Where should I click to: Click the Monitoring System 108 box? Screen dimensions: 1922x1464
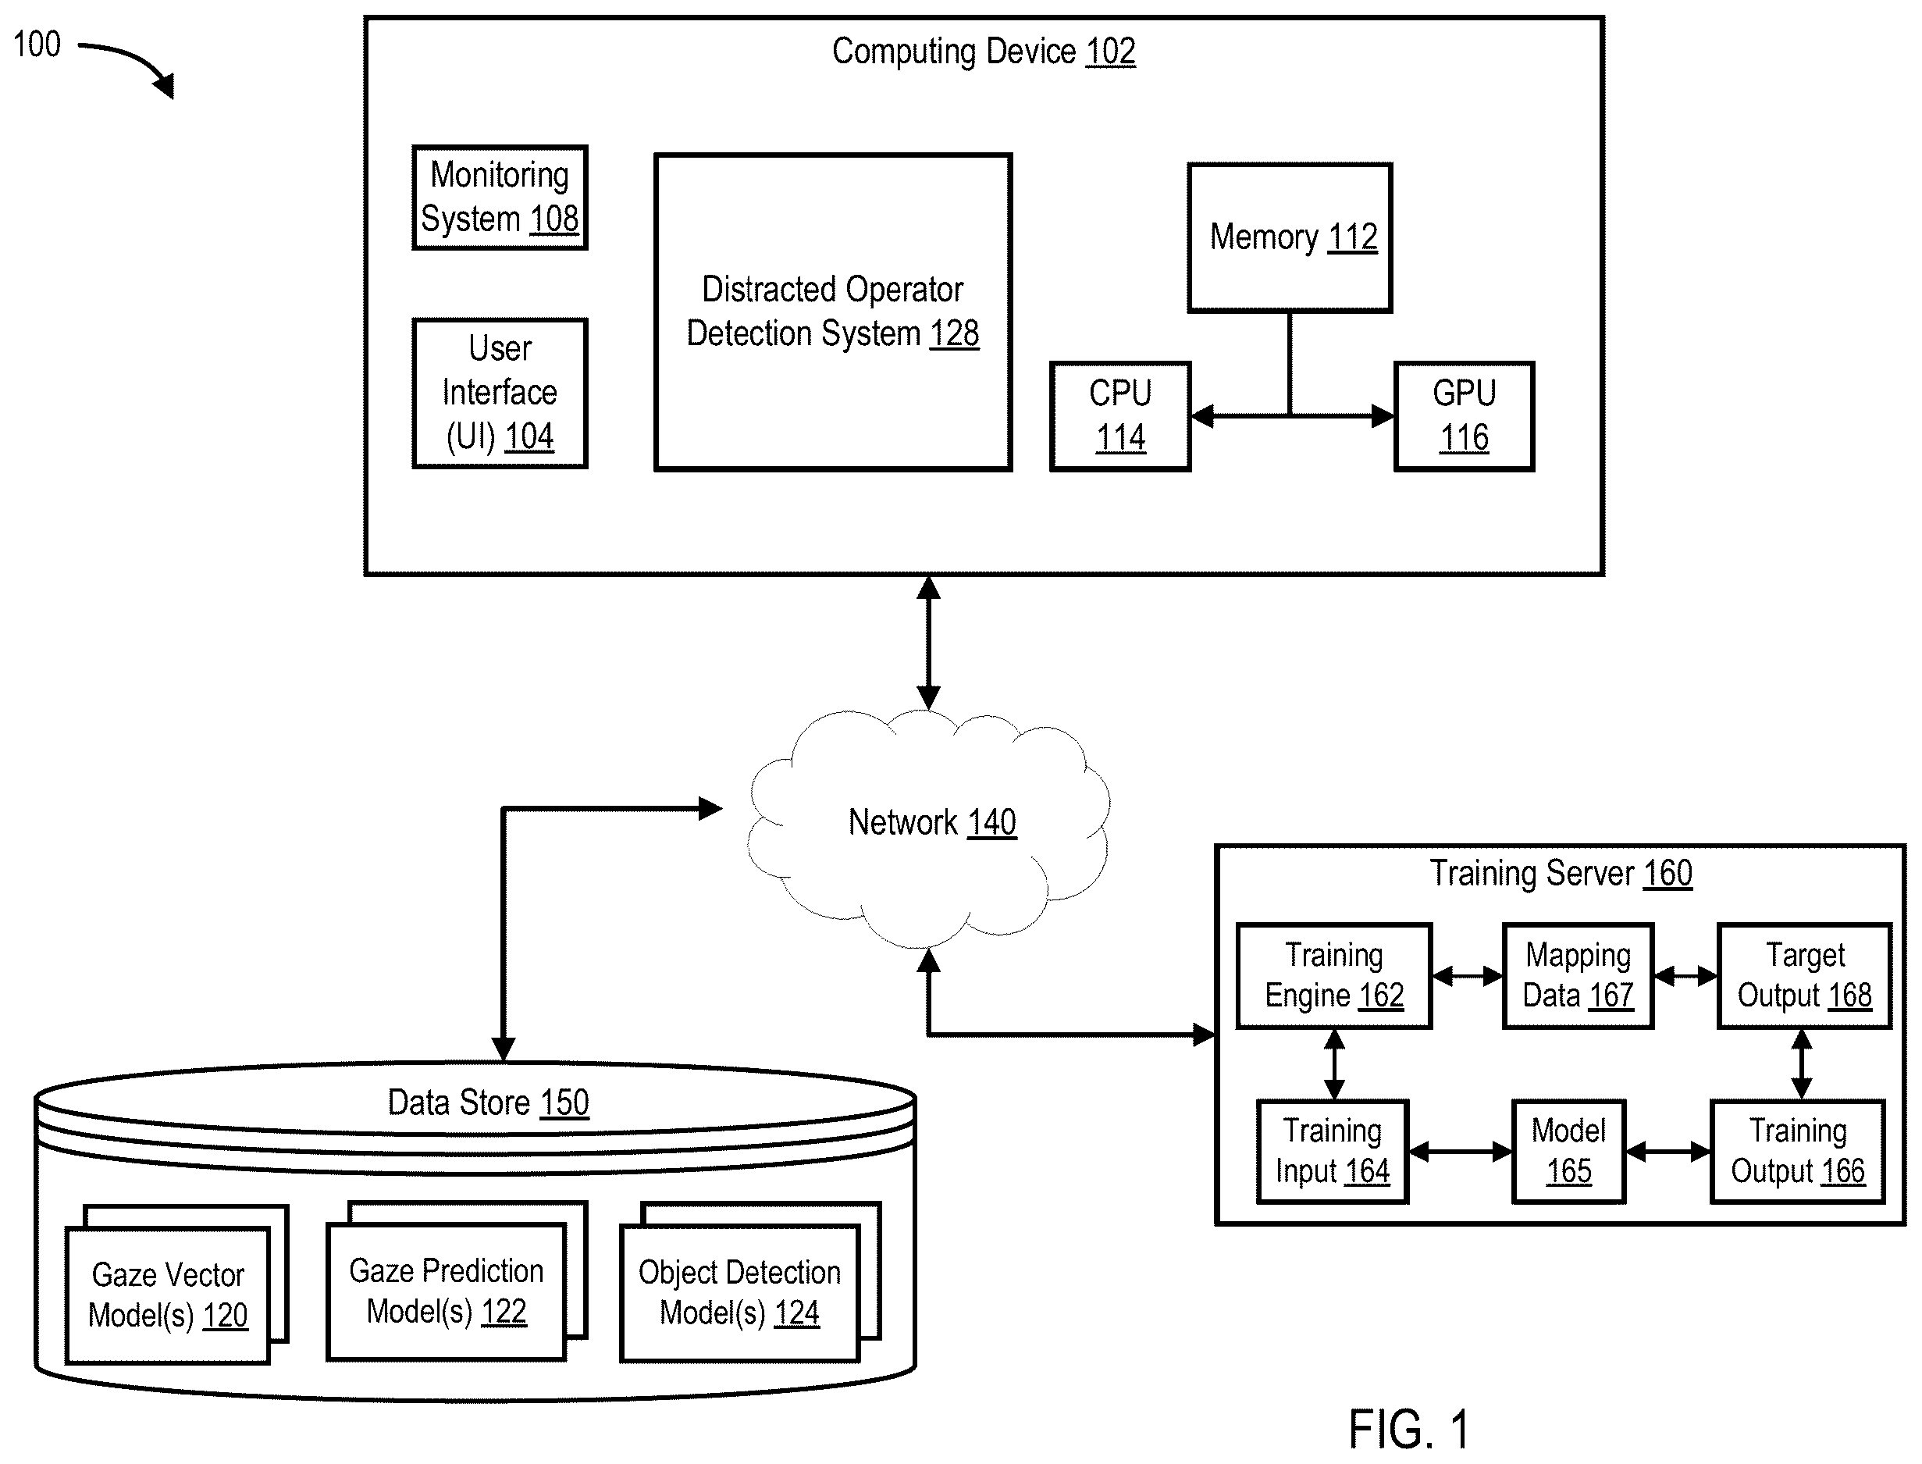point(500,198)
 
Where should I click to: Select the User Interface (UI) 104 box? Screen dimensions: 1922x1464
point(500,393)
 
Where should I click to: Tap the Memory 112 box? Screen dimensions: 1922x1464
point(1290,237)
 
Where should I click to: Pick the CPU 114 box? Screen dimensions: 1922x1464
point(1120,416)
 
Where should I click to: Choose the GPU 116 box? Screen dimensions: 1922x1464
point(1465,416)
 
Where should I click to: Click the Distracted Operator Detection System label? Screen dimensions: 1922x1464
point(833,311)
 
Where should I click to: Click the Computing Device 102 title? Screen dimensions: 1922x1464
point(984,52)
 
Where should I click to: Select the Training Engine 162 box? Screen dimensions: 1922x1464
point(1334,976)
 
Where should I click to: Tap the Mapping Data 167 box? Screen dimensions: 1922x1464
point(1578,976)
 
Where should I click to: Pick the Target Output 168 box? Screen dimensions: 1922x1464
point(1804,976)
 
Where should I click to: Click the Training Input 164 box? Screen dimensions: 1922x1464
point(1332,1152)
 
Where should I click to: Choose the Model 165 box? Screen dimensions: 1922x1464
point(1568,1152)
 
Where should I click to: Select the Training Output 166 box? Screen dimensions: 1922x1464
point(1797,1152)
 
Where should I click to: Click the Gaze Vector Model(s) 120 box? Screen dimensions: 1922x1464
point(168,1295)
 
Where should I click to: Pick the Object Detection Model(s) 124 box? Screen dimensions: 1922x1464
point(740,1293)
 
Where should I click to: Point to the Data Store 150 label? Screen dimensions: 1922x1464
point(488,1103)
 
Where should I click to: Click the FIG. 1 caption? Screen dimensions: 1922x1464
point(1409,1429)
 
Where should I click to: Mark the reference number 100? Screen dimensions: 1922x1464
point(37,45)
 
